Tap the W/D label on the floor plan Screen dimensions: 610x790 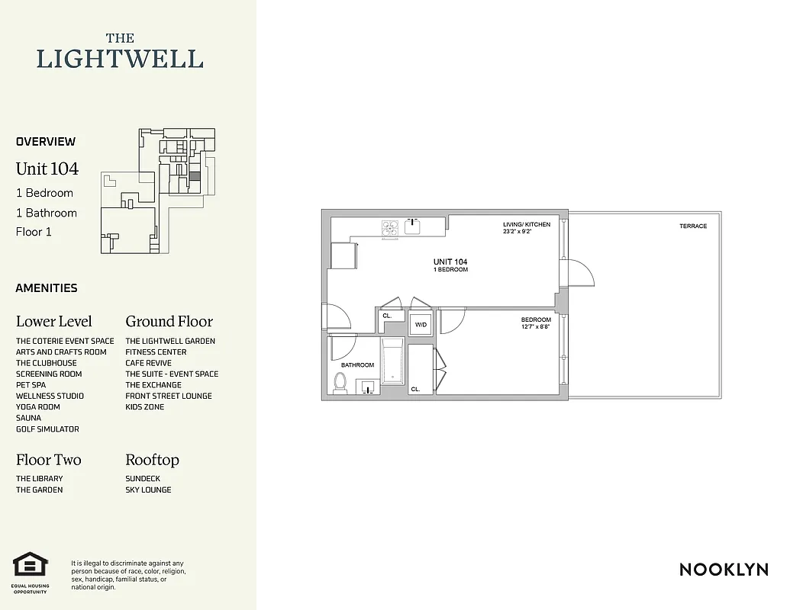421,325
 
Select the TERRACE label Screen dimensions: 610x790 693,226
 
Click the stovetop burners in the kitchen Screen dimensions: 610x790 390,226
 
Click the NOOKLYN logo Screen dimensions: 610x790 724,570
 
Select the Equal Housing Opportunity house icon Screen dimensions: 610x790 31,565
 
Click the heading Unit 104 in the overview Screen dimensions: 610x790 47,169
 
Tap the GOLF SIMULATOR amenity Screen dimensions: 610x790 47,429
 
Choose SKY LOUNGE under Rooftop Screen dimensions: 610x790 148,490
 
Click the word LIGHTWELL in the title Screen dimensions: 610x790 120,59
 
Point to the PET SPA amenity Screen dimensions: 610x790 31,385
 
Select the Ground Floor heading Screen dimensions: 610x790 169,322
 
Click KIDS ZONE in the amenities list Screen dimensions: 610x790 145,407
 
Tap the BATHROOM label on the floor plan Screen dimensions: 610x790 357,365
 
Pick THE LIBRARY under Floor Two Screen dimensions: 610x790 40,479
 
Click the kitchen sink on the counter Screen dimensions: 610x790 414,224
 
